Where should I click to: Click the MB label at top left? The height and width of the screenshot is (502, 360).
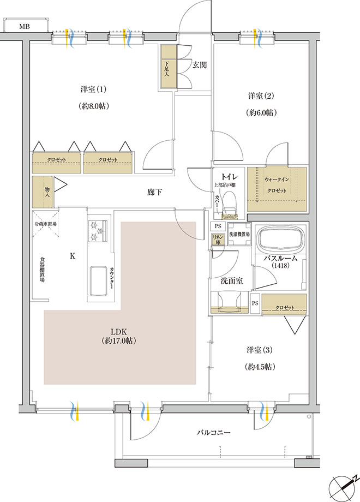coord(25,27)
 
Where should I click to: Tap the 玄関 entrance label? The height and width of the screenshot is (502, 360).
coord(199,65)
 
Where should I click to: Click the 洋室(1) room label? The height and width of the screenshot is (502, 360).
coord(93,89)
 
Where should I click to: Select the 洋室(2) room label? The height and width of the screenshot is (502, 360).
coord(261,95)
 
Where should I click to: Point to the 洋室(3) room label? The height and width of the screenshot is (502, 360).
coord(260,350)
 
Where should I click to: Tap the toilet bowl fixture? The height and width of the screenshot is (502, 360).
coord(229,204)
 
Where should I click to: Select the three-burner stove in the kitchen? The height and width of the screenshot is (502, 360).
coord(97,230)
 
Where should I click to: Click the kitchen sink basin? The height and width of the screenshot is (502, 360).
coord(98,281)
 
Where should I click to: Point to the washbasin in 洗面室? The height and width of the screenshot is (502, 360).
coord(229,301)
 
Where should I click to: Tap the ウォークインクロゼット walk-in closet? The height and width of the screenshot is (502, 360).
coord(277,189)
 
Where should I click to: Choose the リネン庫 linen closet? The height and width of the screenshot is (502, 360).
coord(218,240)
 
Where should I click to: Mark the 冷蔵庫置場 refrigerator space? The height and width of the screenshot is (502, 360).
coord(45,224)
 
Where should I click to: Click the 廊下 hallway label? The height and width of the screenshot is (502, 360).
coord(154,193)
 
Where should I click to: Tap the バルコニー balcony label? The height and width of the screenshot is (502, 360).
coord(213,433)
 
